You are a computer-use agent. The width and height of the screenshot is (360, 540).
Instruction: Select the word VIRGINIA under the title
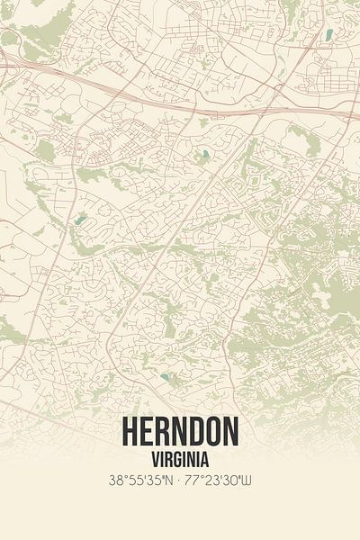point(180,457)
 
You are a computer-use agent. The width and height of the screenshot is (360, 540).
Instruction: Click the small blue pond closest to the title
point(166,377)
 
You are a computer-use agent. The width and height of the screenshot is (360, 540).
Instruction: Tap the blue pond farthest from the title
point(328,35)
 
